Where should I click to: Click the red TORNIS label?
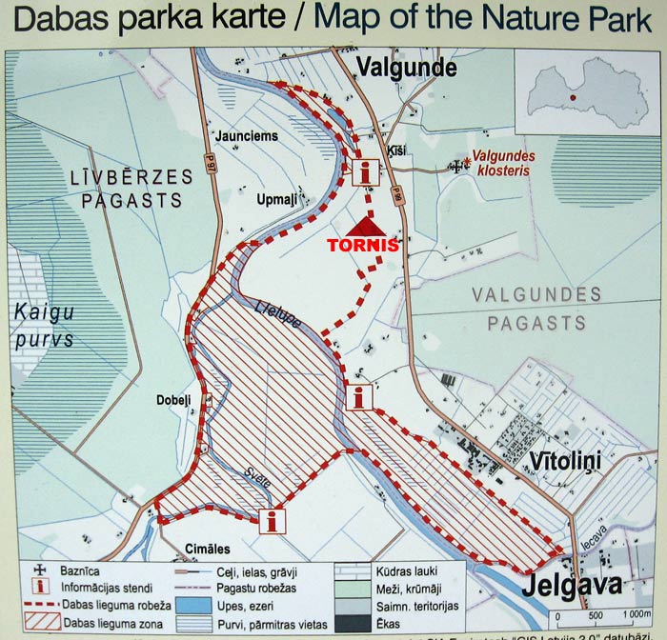[363, 243]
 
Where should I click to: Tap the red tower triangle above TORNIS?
[364, 226]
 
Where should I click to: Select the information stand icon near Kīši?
[366, 171]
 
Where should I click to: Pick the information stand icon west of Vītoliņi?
[358, 397]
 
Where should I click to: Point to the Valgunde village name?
[406, 68]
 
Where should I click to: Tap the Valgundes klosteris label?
[505, 163]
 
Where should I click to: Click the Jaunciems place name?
[247, 136]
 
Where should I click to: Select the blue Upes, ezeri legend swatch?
[194, 604]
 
